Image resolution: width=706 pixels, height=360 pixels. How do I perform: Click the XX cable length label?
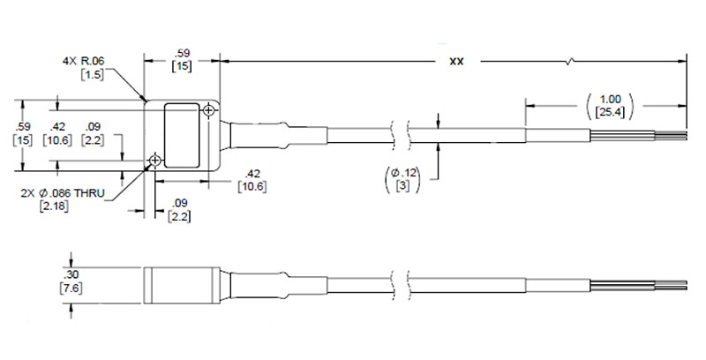(456, 61)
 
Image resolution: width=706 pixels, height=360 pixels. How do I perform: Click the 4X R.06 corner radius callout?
(83, 61)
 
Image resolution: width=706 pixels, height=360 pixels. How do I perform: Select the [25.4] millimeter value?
(610, 112)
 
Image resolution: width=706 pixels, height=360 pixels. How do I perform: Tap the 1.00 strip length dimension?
(611, 99)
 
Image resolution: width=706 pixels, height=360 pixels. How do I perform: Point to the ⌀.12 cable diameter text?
(403, 172)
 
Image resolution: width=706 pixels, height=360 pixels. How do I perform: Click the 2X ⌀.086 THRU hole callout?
(63, 193)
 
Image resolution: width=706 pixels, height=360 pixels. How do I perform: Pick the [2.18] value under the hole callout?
(54, 206)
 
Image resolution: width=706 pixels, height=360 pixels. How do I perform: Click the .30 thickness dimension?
(71, 275)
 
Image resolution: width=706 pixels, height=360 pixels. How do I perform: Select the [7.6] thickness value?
(71, 288)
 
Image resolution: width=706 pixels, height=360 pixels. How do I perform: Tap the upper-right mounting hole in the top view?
(209, 109)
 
